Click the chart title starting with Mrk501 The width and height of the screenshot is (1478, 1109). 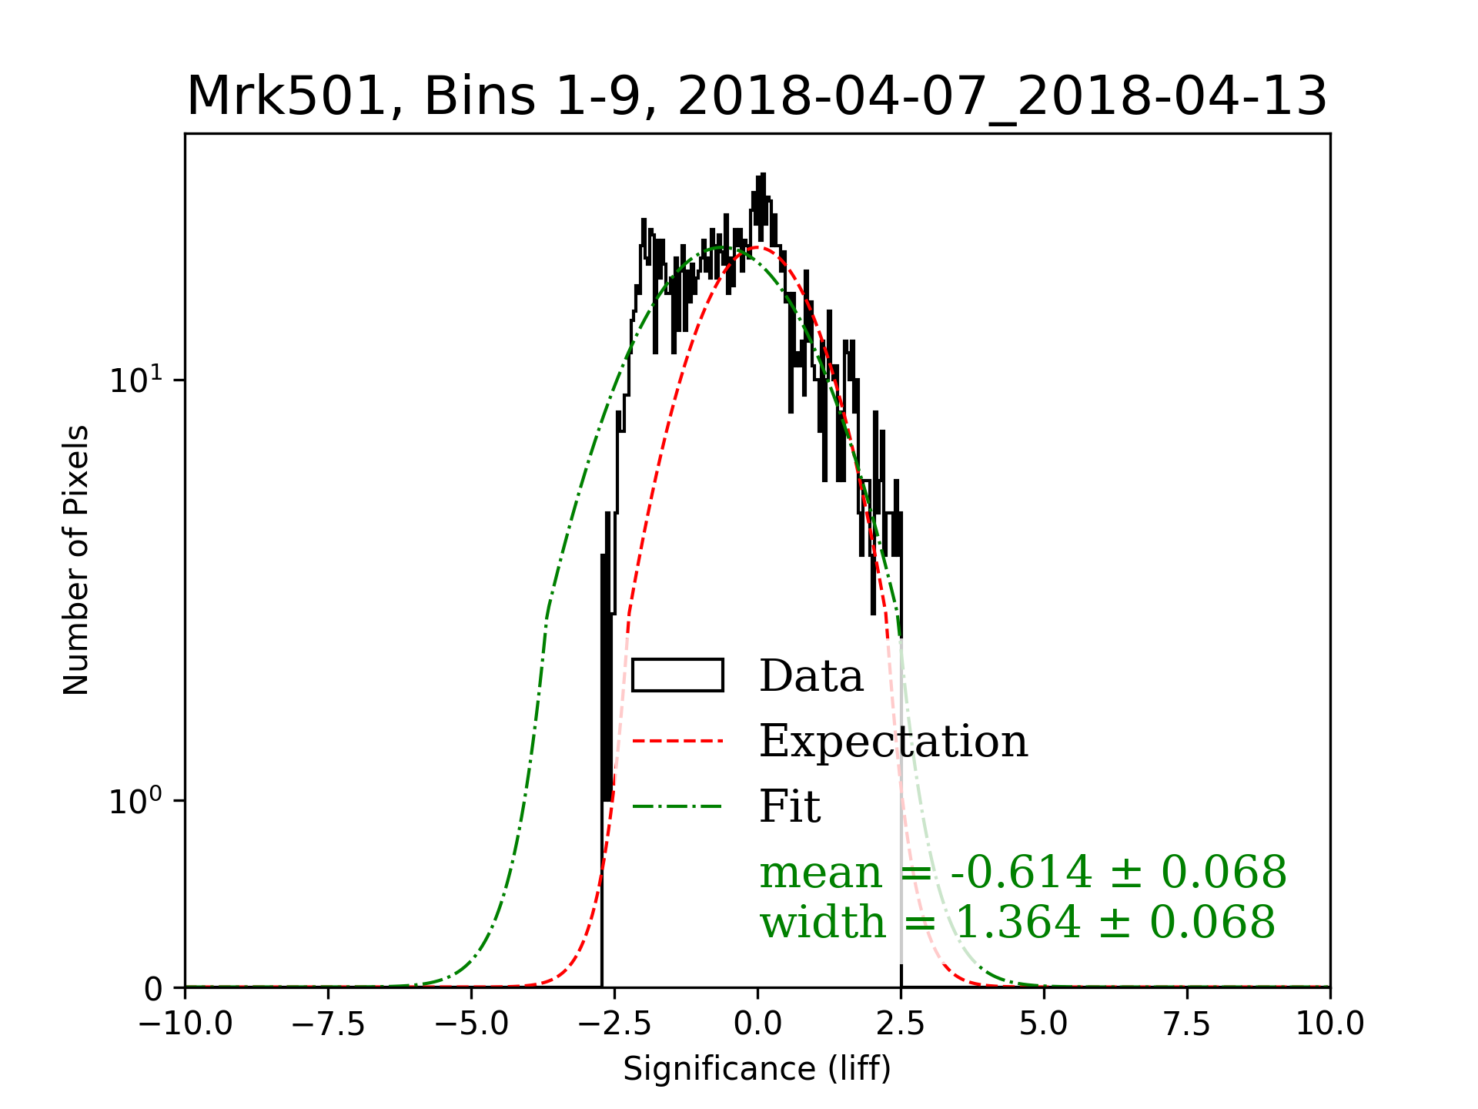[x=757, y=97]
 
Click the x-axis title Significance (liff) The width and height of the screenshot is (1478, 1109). [x=757, y=1069]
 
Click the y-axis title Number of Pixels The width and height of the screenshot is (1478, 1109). [x=76, y=560]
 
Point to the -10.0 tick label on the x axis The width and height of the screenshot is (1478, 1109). [x=186, y=1024]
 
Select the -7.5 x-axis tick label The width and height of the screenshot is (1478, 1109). [x=329, y=1024]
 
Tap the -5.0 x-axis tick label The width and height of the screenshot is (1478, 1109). [x=471, y=1024]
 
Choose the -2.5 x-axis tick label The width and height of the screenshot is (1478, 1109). [x=614, y=1024]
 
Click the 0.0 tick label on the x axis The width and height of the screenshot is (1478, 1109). [x=757, y=1024]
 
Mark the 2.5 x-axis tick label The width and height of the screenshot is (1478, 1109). [x=901, y=1024]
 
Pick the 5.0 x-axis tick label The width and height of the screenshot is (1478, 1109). [x=1044, y=1024]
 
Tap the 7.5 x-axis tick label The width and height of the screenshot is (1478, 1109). [x=1187, y=1024]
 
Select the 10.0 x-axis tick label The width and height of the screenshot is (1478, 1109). [x=1330, y=1024]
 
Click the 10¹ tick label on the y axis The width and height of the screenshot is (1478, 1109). [x=137, y=380]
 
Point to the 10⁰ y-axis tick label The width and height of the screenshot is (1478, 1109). [x=137, y=800]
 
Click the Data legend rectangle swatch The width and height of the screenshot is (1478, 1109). [x=677, y=675]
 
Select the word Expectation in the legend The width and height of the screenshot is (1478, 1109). [x=893, y=741]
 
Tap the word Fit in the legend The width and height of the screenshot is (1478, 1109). [x=790, y=806]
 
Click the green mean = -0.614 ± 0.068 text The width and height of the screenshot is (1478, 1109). [x=1023, y=872]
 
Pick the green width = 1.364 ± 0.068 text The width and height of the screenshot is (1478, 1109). [x=1018, y=922]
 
